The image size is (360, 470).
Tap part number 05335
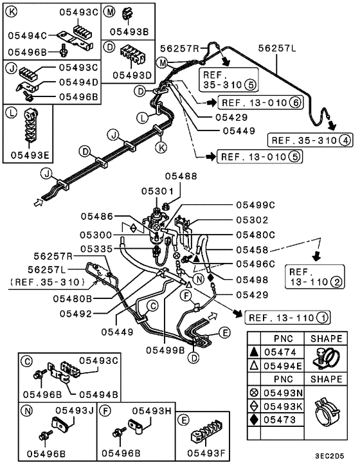tap(97, 249)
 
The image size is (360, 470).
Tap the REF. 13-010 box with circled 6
tap(260, 102)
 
